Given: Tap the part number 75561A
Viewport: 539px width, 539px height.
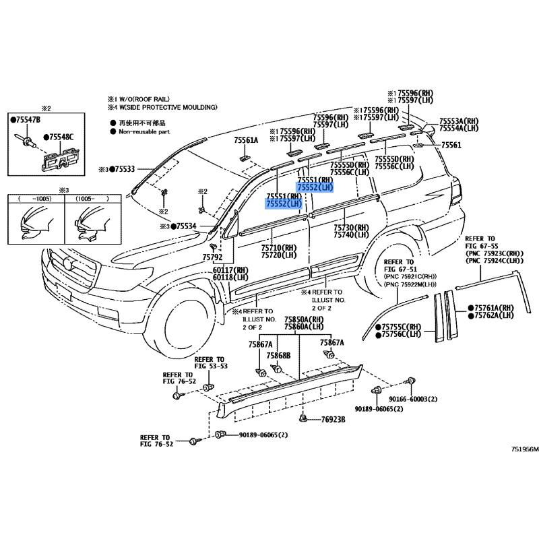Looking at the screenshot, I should click(x=246, y=140).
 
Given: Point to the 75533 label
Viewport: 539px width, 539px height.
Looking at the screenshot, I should click(x=123, y=169).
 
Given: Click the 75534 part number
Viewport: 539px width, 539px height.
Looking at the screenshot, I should click(x=184, y=226).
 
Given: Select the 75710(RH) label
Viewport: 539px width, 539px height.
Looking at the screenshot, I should click(x=279, y=248).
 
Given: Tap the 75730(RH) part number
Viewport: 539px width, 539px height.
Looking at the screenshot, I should click(x=352, y=228).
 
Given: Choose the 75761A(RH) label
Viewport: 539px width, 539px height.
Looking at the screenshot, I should click(x=494, y=307).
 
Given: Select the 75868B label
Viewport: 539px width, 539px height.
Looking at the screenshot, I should click(x=278, y=355).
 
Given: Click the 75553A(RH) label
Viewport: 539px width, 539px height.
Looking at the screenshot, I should click(x=459, y=120).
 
